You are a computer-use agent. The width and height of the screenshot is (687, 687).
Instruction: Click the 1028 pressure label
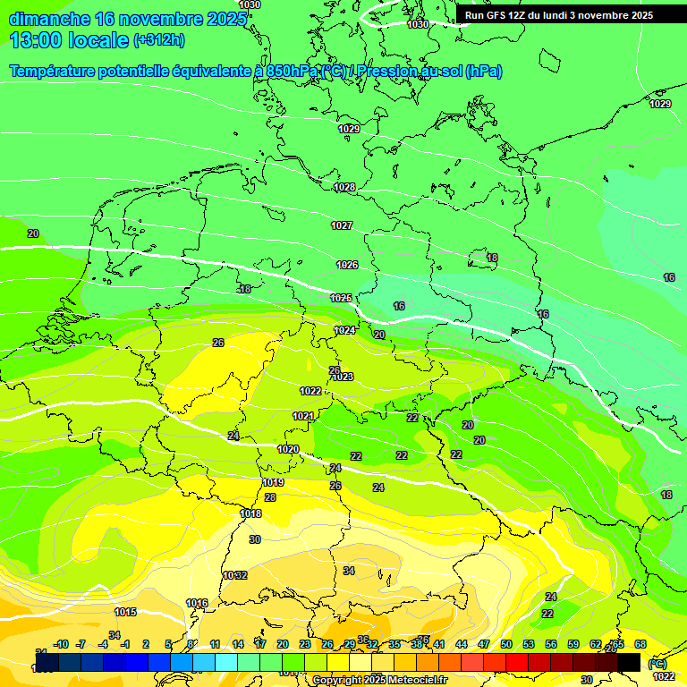pos(344,187)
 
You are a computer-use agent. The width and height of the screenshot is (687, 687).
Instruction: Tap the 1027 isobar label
pos(342,225)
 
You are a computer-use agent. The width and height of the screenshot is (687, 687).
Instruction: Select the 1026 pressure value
pos(347,265)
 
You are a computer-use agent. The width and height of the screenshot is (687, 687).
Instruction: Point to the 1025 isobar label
pos(341,298)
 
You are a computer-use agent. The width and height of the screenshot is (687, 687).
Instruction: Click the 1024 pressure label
pos(344,330)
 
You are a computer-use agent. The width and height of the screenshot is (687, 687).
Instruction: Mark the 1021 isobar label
pos(303,416)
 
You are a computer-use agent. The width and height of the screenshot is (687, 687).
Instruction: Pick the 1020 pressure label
pos(288,449)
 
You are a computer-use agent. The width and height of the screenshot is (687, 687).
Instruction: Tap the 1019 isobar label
pos(274,482)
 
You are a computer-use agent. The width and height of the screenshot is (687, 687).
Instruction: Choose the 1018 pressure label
pos(250,513)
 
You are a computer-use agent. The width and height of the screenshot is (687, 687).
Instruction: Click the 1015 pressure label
pos(125,612)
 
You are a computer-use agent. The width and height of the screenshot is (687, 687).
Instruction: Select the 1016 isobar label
pos(197,603)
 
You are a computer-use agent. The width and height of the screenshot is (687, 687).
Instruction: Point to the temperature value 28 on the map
pos(270,497)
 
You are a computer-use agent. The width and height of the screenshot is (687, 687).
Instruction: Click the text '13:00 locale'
pos(69,40)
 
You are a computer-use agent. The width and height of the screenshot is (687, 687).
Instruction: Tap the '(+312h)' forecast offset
pos(158,40)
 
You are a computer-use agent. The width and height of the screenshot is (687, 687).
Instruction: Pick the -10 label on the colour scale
pos(61,644)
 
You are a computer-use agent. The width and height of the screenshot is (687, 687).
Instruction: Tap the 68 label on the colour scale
pos(640,644)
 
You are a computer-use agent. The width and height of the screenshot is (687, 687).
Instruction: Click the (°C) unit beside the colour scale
pos(657,663)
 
